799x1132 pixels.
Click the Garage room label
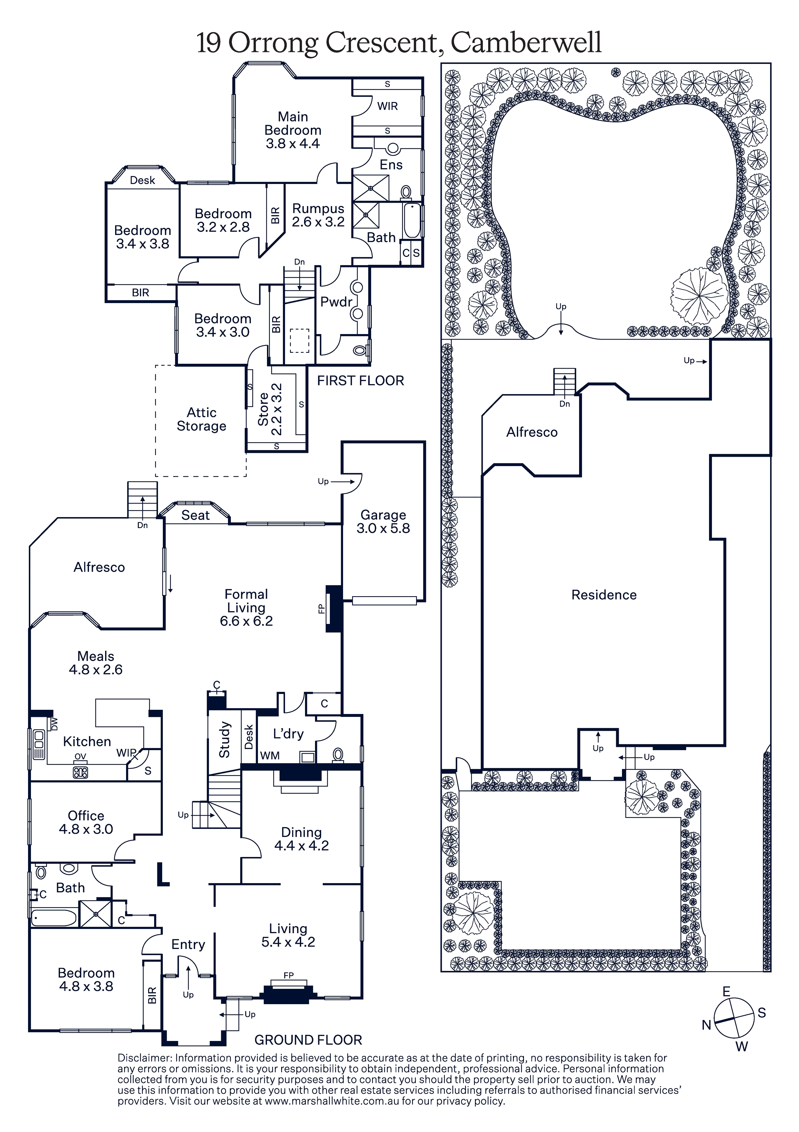383,521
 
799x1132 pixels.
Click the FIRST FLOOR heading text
360,381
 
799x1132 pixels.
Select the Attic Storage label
202,419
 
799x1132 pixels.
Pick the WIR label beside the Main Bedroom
387,106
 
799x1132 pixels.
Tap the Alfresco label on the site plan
532,433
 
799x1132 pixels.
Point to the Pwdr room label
336,302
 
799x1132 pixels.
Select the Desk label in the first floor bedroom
143,180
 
